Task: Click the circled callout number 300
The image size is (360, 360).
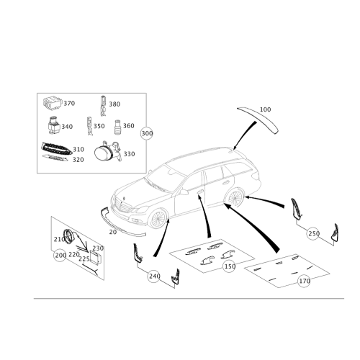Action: (147, 133)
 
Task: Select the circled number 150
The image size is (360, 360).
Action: (229, 266)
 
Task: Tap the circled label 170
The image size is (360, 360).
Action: (304, 281)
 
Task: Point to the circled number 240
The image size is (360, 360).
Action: (154, 276)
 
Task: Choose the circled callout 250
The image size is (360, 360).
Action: (313, 233)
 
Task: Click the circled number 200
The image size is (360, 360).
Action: (60, 255)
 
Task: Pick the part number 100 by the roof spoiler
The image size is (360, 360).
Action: (265, 109)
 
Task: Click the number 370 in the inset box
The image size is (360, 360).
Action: (69, 103)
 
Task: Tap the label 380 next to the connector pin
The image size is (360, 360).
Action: (114, 104)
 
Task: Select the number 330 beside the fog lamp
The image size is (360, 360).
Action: (129, 154)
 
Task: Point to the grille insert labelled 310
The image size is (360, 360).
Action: (56, 149)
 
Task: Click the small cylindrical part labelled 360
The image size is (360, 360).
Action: (117, 127)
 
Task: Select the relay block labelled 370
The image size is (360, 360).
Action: (53, 104)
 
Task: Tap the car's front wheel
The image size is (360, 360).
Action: (158, 219)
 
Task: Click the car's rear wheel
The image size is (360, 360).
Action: (235, 198)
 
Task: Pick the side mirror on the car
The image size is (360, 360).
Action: (184, 192)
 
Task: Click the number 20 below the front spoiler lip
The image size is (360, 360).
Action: (113, 232)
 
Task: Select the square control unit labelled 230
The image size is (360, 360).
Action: (96, 257)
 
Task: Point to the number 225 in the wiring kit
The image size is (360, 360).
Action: (84, 259)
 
